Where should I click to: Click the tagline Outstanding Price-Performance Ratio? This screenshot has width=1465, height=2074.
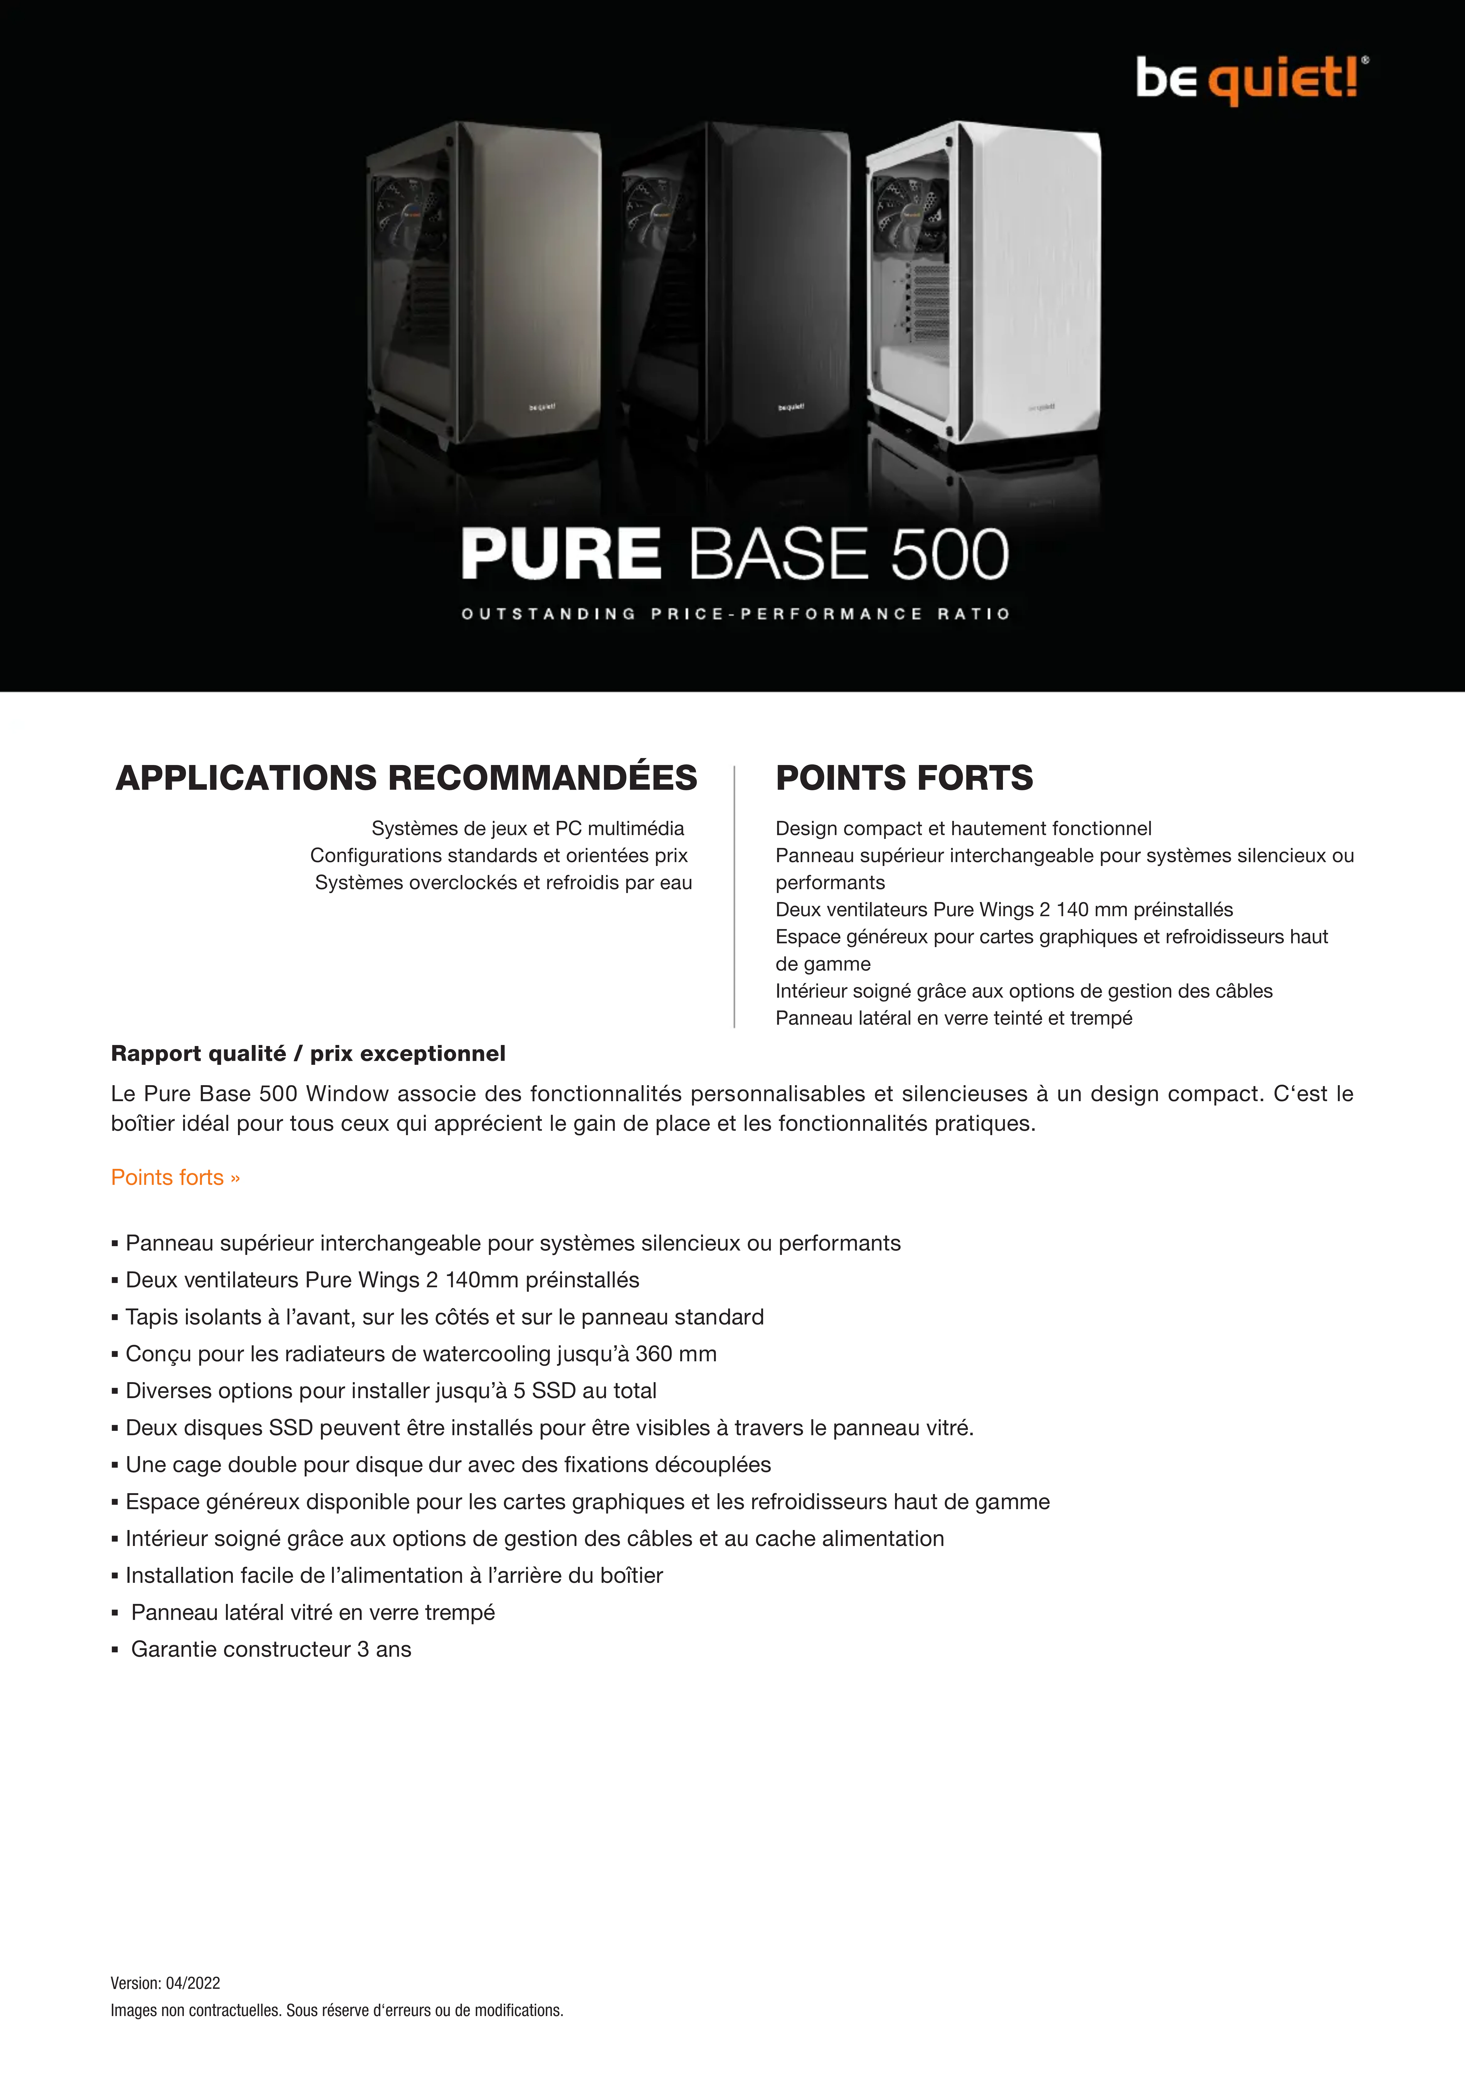(x=735, y=614)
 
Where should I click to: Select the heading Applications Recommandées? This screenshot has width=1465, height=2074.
(x=406, y=778)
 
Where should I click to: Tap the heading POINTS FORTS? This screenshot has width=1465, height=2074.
(x=904, y=778)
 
